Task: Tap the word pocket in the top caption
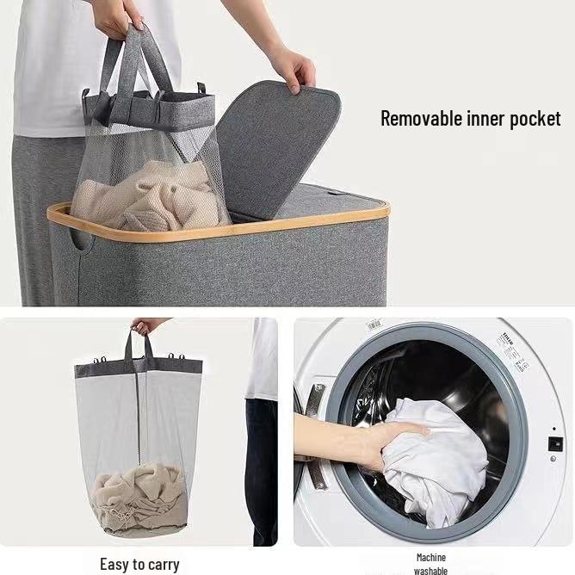535,119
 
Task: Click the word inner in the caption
488,118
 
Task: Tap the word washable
430,570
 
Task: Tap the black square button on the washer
555,444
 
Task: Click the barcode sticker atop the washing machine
374,325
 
